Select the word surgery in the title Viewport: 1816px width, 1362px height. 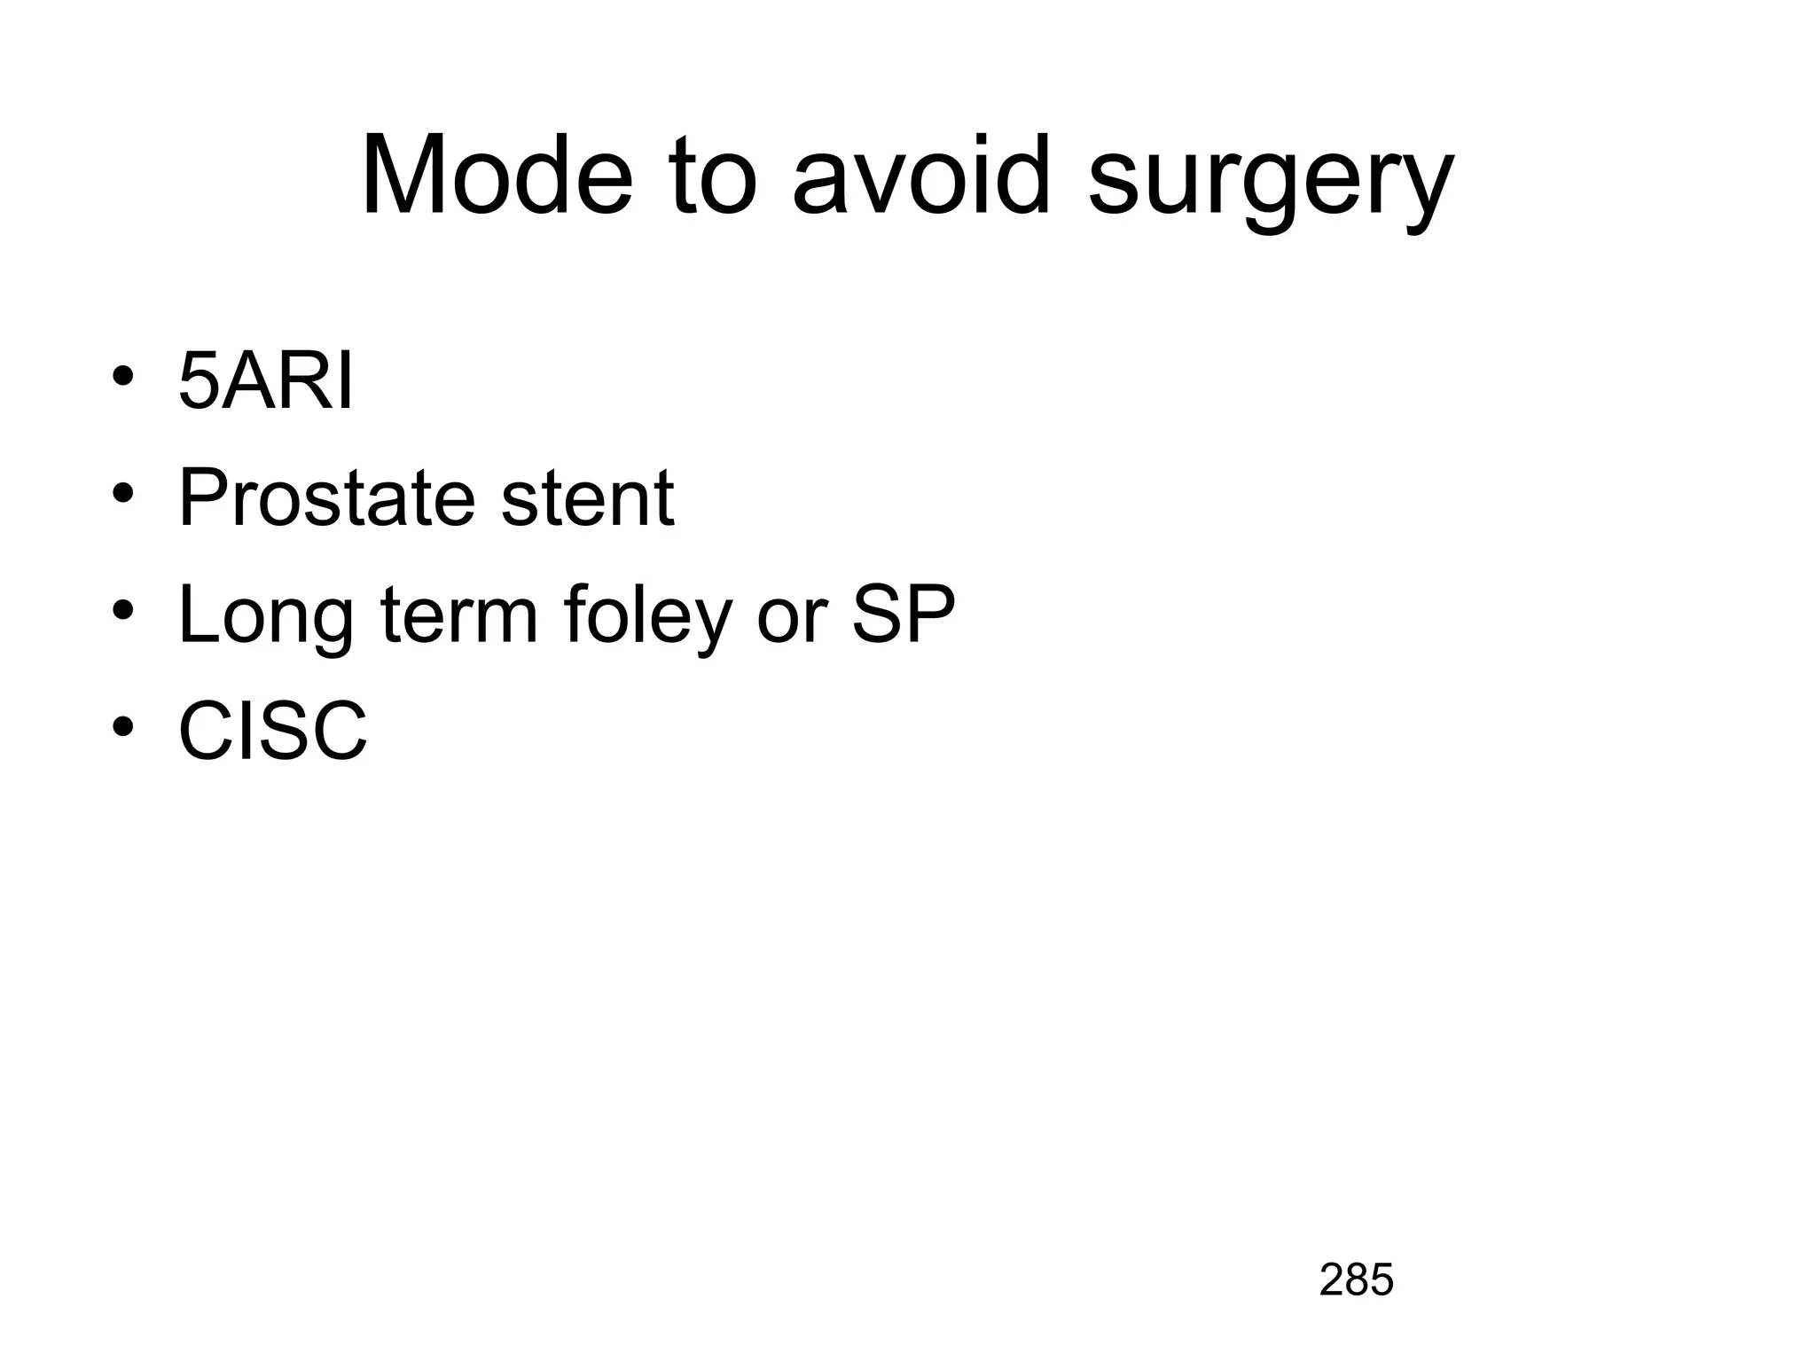[x=1270, y=182]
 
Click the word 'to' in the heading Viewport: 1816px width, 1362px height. [x=715, y=177]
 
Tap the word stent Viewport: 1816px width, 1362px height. [x=587, y=498]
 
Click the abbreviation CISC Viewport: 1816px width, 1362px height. [x=272, y=732]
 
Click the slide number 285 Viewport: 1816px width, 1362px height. [x=1356, y=1280]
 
